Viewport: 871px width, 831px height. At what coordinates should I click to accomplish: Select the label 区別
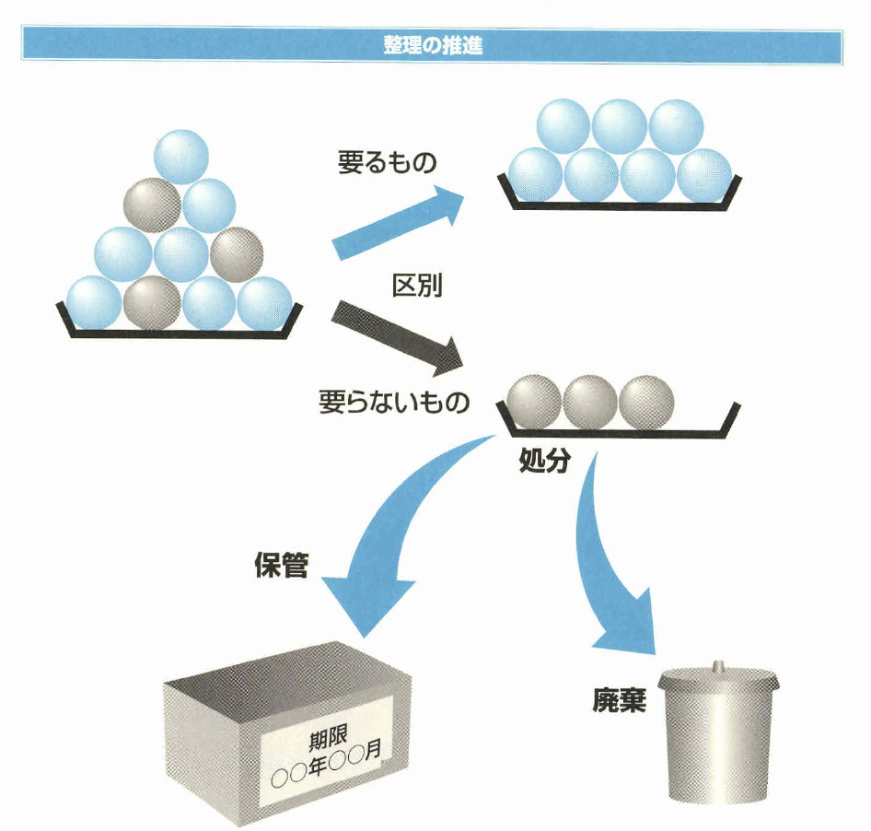[x=418, y=286]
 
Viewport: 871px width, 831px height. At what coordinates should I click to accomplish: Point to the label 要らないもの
[x=394, y=403]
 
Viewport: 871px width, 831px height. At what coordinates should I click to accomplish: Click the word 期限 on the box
[x=331, y=738]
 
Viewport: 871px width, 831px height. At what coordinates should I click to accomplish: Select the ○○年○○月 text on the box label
[x=327, y=764]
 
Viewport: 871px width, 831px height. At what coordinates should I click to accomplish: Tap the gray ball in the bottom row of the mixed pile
[x=152, y=302]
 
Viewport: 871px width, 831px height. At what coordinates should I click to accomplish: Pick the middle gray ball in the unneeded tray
[x=589, y=403]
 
